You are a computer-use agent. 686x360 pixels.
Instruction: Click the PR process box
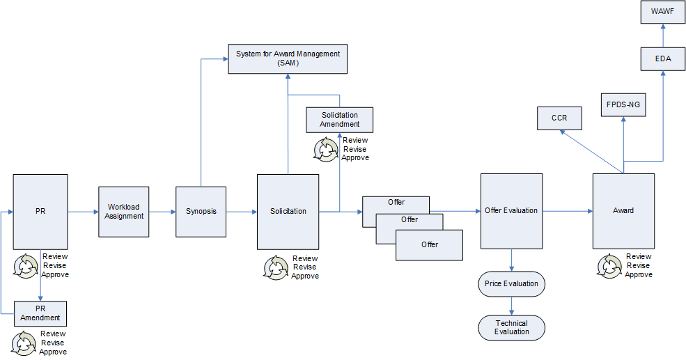40,211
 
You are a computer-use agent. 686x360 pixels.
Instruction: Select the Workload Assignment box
125,212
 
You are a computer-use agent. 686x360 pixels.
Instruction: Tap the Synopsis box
201,212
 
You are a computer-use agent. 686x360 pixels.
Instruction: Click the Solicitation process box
288,212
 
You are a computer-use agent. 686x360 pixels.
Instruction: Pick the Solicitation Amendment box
340,120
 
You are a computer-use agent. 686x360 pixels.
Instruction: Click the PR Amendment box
40,313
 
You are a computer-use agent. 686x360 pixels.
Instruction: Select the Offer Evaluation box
511,211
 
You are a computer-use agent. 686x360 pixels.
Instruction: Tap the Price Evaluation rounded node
511,284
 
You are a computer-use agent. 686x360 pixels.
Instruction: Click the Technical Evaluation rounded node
511,327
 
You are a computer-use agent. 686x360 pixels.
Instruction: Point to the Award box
623,211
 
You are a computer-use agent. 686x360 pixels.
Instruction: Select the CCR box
559,118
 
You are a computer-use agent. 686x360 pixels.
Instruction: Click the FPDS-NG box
623,104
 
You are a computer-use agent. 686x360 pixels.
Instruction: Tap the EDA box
663,59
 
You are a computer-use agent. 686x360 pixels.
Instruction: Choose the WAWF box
663,12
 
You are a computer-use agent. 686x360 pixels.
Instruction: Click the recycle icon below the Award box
609,265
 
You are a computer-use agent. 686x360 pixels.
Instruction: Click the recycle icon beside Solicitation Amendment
325,149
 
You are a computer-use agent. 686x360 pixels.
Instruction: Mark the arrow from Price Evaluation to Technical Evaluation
512,304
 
